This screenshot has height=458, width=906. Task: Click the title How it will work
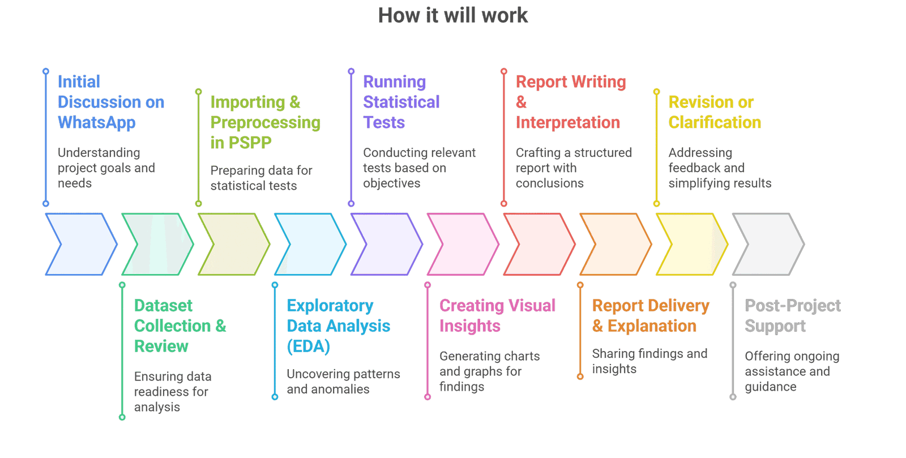pos(453,15)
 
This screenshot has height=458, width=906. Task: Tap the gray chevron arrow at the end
pos(768,245)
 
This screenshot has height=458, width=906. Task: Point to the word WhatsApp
pos(97,123)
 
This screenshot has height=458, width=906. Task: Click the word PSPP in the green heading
pos(249,143)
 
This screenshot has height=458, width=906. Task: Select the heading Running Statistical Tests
pos(401,102)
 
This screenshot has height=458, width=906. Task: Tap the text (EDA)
pos(308,346)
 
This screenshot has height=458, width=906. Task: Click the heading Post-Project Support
pos(792,316)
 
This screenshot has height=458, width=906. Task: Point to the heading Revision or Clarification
pos(714,112)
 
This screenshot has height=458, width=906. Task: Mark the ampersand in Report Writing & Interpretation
pos(521,102)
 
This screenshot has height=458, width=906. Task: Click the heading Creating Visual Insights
pos(497,316)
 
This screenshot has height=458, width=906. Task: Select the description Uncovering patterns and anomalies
pos(343,382)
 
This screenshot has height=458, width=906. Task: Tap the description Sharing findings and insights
pos(649,361)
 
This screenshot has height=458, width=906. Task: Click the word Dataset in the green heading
pos(163,306)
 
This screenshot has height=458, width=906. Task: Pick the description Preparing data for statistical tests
pos(261,178)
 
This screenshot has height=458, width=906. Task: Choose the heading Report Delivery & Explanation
pos(650,316)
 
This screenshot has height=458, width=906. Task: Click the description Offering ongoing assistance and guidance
pos(792,371)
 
